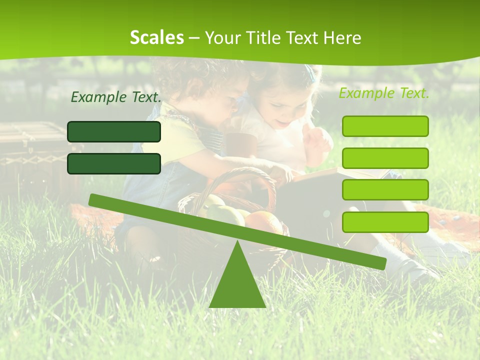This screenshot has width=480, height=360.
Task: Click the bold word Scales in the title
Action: click(156, 37)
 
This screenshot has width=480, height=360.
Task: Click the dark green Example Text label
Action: click(116, 97)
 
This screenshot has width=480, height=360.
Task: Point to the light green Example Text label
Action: click(384, 93)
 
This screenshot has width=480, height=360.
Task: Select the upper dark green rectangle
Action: click(114, 131)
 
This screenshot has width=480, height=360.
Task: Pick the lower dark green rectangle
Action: click(114, 163)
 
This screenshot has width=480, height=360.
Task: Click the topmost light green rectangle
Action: click(385, 126)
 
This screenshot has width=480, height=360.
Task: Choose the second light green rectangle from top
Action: click(385, 158)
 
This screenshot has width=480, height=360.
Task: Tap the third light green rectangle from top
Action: click(385, 189)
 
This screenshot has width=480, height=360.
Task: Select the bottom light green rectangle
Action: click(385, 222)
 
